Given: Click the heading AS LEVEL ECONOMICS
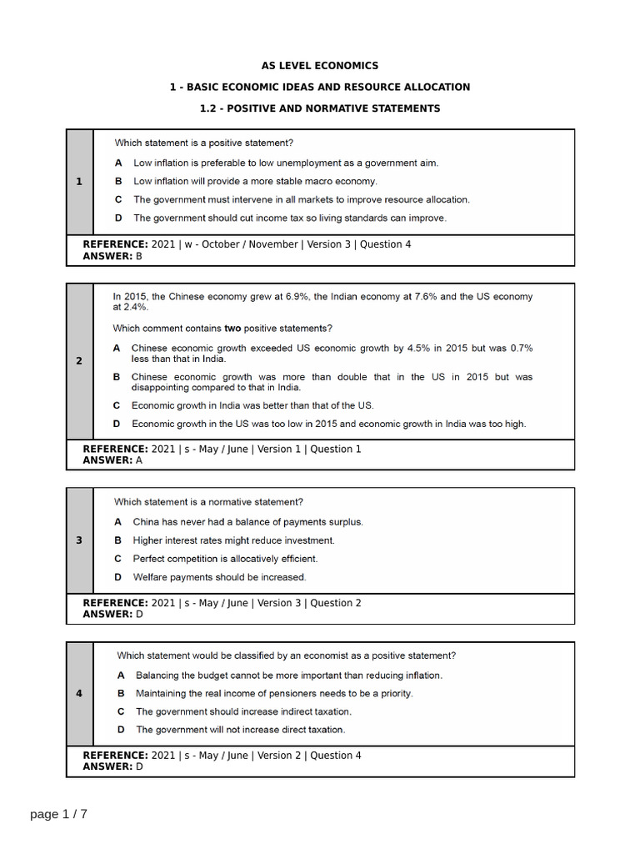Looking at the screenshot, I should (320, 65).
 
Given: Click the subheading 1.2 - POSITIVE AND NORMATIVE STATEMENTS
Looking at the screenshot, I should (320, 108).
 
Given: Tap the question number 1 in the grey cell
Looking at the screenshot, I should (79, 182).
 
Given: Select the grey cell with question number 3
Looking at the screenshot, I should (79, 540).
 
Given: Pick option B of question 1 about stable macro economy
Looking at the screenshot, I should (255, 181).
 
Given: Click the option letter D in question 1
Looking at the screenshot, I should (118, 218).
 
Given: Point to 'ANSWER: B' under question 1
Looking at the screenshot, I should (112, 256).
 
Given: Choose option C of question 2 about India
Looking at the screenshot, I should (252, 405).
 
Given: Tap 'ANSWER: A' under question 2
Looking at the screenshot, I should (112, 460).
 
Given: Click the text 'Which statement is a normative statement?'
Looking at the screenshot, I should (208, 502).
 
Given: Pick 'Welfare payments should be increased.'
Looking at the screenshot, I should (219, 577).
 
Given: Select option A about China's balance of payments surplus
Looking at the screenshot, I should (247, 522).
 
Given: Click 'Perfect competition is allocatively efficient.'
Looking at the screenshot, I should (225, 559).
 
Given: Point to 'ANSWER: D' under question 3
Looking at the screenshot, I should (112, 614).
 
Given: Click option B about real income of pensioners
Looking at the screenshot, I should (274, 693).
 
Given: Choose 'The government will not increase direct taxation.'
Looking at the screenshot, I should (240, 730).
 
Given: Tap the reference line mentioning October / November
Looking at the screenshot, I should (247, 244).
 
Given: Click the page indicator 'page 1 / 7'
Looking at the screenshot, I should (58, 814).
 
